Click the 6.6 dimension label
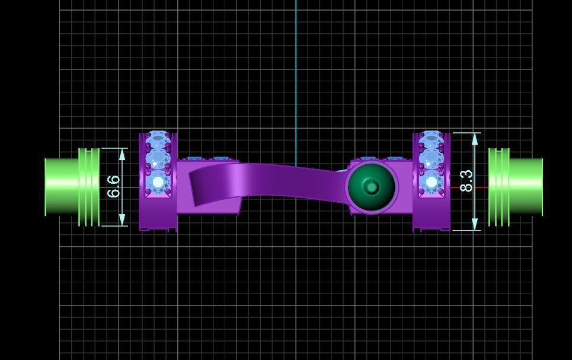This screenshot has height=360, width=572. pyautogui.click(x=114, y=186)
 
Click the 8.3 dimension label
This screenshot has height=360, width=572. pyautogui.click(x=466, y=181)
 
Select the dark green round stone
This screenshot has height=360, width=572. pyautogui.click(x=372, y=187)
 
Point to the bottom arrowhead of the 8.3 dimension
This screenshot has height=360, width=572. pyautogui.click(x=475, y=224)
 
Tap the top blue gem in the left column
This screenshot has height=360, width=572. pyautogui.click(x=158, y=140)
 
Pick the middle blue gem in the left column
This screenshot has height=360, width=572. pyautogui.click(x=158, y=159)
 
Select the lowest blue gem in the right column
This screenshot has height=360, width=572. pyautogui.click(x=431, y=181)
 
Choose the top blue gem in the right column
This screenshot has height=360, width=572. pyautogui.click(x=431, y=140)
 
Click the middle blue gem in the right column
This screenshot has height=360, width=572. pyautogui.click(x=431, y=159)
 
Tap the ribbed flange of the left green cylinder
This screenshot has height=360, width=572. pyautogui.click(x=89, y=187)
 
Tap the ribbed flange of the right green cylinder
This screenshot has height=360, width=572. pyautogui.click(x=498, y=187)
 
